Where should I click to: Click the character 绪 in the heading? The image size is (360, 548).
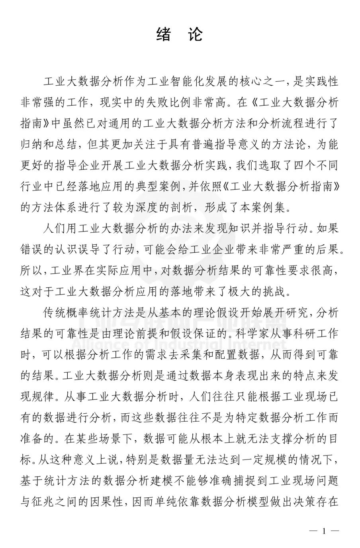point(163,35)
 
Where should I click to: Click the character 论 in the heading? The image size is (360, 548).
point(195,35)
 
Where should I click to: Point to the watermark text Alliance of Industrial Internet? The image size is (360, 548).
point(179,344)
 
